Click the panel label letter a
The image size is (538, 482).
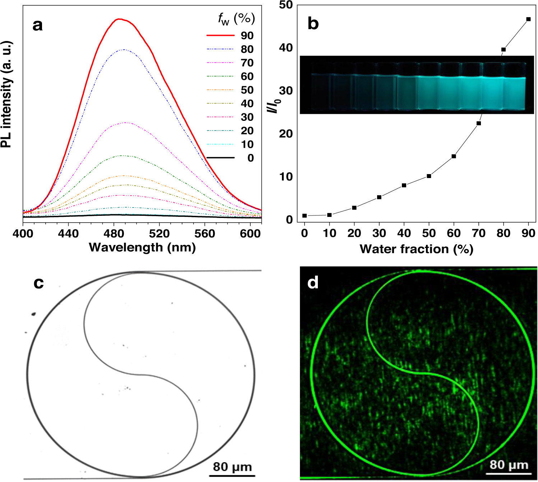tap(37, 25)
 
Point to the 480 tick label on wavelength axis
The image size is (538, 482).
tap(114, 234)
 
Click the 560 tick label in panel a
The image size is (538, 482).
tap(205, 234)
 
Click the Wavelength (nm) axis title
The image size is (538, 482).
tap(142, 247)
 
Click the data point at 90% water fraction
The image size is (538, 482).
tap(528, 19)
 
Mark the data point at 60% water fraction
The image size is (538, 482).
tap(454, 156)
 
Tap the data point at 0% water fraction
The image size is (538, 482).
tap(305, 216)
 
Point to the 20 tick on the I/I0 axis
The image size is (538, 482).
tap(286, 134)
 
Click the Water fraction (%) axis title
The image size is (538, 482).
tap(416, 249)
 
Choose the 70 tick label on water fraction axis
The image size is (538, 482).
tap(478, 233)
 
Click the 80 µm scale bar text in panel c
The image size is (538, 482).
tap(232, 467)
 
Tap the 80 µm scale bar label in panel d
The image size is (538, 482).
tap(509, 465)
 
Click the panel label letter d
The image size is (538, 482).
tap(313, 283)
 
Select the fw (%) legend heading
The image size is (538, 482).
tap(236, 19)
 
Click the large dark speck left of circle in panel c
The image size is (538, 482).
tap(34, 314)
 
